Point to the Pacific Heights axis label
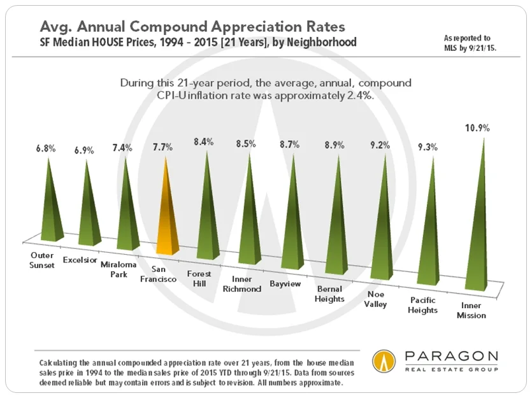(424, 306)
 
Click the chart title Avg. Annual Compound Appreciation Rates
(193, 27)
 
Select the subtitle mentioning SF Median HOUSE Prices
(198, 43)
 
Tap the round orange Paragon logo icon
(384, 361)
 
